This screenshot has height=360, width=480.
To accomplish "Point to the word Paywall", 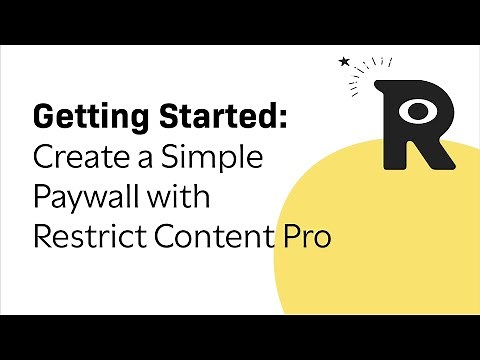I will click(86, 198).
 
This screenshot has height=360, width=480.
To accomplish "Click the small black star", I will click(345, 62).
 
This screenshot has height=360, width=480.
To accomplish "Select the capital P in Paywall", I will click(42, 198).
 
